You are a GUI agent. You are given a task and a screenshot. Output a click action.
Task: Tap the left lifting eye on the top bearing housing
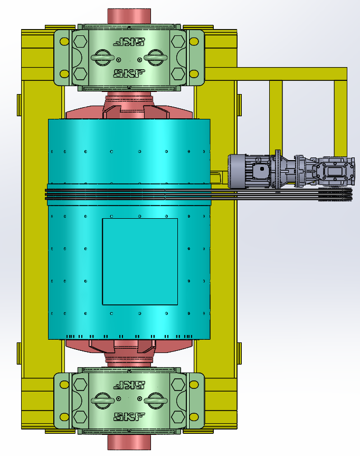pos(103,58)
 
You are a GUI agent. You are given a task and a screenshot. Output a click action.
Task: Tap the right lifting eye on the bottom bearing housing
pos(155,401)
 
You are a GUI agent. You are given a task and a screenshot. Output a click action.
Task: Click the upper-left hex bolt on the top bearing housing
pos(81,42)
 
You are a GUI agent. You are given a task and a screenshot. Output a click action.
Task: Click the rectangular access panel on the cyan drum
pos(140,262)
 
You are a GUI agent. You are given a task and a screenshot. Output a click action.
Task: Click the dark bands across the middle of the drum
pos(129,194)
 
